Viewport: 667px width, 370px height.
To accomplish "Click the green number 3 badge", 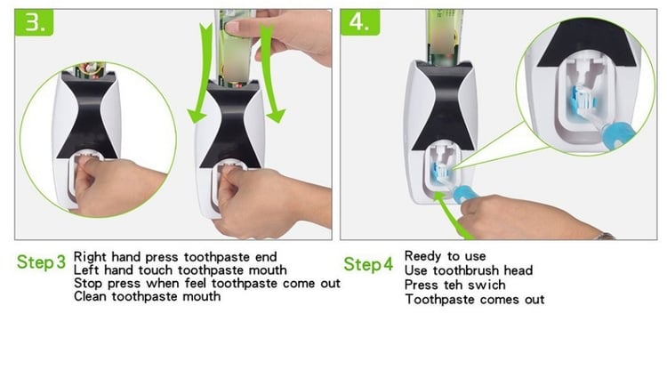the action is click(34, 22).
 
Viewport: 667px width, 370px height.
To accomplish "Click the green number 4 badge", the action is click(360, 22).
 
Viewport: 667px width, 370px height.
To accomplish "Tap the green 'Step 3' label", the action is click(41, 262).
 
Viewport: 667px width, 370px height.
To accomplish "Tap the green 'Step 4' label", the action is click(368, 264).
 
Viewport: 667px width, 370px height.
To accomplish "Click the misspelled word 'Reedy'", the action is click(422, 256).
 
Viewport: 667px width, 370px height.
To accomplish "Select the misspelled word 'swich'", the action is click(486, 285).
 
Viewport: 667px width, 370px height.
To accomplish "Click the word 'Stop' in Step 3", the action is click(88, 284).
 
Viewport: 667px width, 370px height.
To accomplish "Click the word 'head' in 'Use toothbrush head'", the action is click(518, 270).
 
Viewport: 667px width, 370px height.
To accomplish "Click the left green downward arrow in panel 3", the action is click(200, 73).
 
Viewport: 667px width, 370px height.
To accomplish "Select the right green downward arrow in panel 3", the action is click(271, 73).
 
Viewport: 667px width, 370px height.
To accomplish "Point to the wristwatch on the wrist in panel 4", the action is click(605, 236).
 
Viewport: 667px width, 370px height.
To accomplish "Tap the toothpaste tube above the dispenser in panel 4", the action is click(445, 37).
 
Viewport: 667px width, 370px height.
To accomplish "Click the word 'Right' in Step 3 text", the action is click(90, 257).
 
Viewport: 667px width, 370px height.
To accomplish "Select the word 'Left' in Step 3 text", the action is click(86, 270).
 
